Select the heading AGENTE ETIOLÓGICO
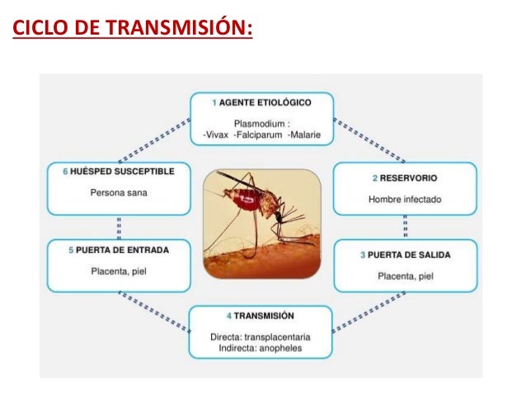point(265,103)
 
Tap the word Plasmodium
point(260,123)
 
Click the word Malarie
point(304,134)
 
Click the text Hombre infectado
point(405,199)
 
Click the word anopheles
point(283,348)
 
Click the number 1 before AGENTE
point(214,103)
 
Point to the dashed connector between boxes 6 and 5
point(120,226)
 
